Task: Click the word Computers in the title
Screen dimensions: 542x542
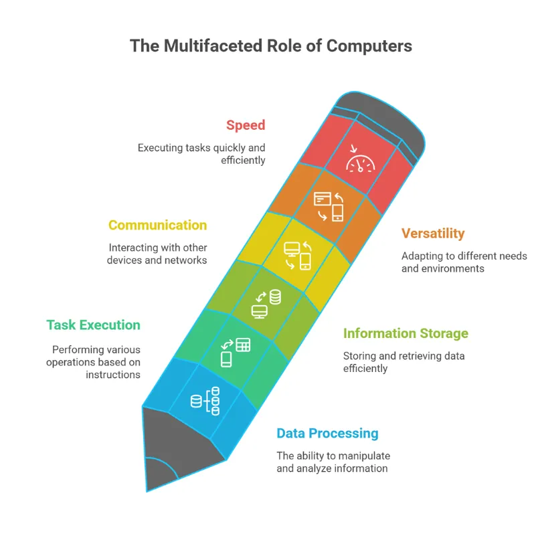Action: tap(369, 46)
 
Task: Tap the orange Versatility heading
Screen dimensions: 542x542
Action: tap(433, 234)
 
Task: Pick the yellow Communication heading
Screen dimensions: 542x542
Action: tap(158, 225)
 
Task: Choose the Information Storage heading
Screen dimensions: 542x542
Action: tap(405, 334)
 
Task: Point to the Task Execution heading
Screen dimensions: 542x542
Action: tap(93, 325)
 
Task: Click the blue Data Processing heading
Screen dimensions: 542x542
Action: tap(327, 434)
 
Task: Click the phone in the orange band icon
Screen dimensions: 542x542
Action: tap(338, 212)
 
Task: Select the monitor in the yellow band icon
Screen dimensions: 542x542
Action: tap(292, 249)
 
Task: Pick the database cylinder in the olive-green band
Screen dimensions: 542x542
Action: tap(275, 297)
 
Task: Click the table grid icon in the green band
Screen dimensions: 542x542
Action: tap(243, 345)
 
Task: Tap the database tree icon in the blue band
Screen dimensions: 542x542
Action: tap(205, 401)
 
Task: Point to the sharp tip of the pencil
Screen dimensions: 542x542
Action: tap(147, 491)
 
